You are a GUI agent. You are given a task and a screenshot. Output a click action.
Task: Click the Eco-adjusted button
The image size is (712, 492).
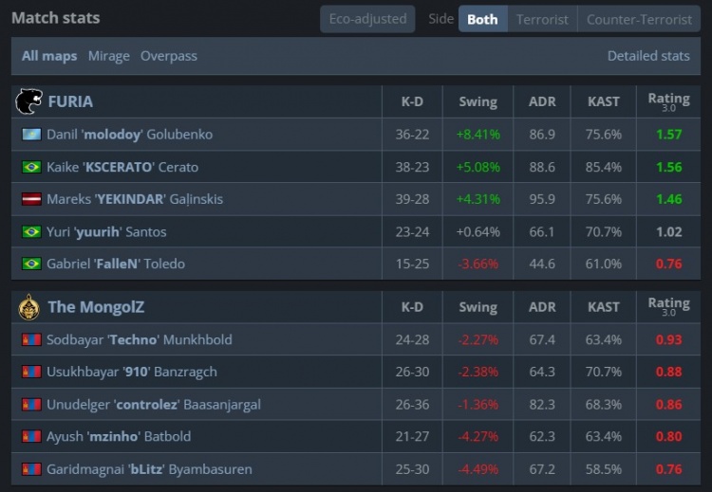367,19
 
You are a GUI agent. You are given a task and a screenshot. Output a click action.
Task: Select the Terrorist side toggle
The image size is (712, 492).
542,19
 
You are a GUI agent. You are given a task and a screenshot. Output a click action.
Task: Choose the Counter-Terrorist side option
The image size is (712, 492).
639,19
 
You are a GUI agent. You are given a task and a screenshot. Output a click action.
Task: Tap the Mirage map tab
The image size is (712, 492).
108,56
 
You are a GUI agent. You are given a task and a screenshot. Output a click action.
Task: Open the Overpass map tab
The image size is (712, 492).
169,56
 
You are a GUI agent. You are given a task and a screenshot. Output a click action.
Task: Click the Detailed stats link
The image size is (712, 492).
648,56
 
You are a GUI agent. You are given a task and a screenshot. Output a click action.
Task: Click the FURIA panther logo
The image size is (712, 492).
29,101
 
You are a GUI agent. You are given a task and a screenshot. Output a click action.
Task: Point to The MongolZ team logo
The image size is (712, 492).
29,306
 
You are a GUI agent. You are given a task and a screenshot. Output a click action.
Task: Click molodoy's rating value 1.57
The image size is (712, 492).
668,135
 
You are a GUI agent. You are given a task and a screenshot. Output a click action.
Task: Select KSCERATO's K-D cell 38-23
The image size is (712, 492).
412,167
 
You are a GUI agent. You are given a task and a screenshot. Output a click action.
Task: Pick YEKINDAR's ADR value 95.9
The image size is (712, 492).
542,199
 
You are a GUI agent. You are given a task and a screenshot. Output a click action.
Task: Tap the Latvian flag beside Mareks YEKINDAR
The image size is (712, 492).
31,199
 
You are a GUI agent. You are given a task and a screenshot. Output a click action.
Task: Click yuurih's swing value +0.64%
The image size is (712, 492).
478,231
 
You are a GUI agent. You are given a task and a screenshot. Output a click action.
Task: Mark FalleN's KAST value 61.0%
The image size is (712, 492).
604,264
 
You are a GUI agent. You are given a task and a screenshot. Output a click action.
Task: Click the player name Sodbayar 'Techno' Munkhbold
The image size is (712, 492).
139,339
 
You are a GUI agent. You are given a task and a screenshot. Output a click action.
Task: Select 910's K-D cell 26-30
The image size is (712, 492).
412,372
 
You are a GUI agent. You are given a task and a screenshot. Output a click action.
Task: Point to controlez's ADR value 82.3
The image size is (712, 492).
542,404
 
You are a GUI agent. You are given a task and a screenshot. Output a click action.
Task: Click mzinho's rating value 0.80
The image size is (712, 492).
668,436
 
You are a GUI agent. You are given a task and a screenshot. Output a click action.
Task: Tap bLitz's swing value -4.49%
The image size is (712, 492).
478,468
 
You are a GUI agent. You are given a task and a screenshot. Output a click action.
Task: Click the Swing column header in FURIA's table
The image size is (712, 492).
478,101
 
